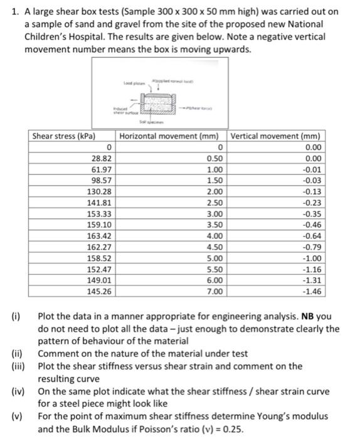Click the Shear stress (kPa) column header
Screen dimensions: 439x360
pos(63,136)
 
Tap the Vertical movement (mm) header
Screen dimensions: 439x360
pos(277,136)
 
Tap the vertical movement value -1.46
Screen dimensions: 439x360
pos(312,292)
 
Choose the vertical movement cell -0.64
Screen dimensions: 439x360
pos(312,236)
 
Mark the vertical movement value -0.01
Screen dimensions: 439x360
pos(312,169)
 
